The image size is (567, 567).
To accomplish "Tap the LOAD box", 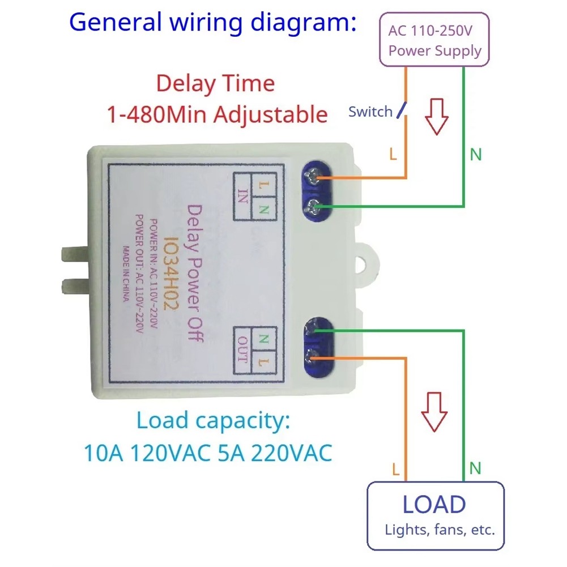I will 436,515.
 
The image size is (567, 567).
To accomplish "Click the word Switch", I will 370,112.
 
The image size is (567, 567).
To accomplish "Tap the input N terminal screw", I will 313,207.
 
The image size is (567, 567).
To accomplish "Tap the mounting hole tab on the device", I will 369,262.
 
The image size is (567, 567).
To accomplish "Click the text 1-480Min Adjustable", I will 217,114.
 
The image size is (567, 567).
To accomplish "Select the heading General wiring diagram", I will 213,23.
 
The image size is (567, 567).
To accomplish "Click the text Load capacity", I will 212,421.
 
